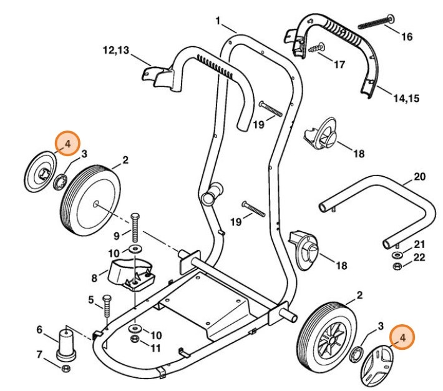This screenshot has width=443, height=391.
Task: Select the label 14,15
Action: [x=406, y=98]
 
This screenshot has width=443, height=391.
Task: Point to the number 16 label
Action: [x=406, y=37]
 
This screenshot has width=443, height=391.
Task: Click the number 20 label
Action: [x=419, y=177]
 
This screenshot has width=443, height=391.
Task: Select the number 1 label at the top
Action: [x=218, y=21]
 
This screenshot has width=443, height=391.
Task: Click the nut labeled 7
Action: [x=67, y=368]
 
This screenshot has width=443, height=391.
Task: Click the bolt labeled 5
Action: [x=106, y=307]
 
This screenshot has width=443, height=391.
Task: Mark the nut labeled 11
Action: [x=135, y=339]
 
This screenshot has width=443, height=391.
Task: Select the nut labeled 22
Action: [x=397, y=267]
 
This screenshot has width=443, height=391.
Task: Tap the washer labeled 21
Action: [x=397, y=255]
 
